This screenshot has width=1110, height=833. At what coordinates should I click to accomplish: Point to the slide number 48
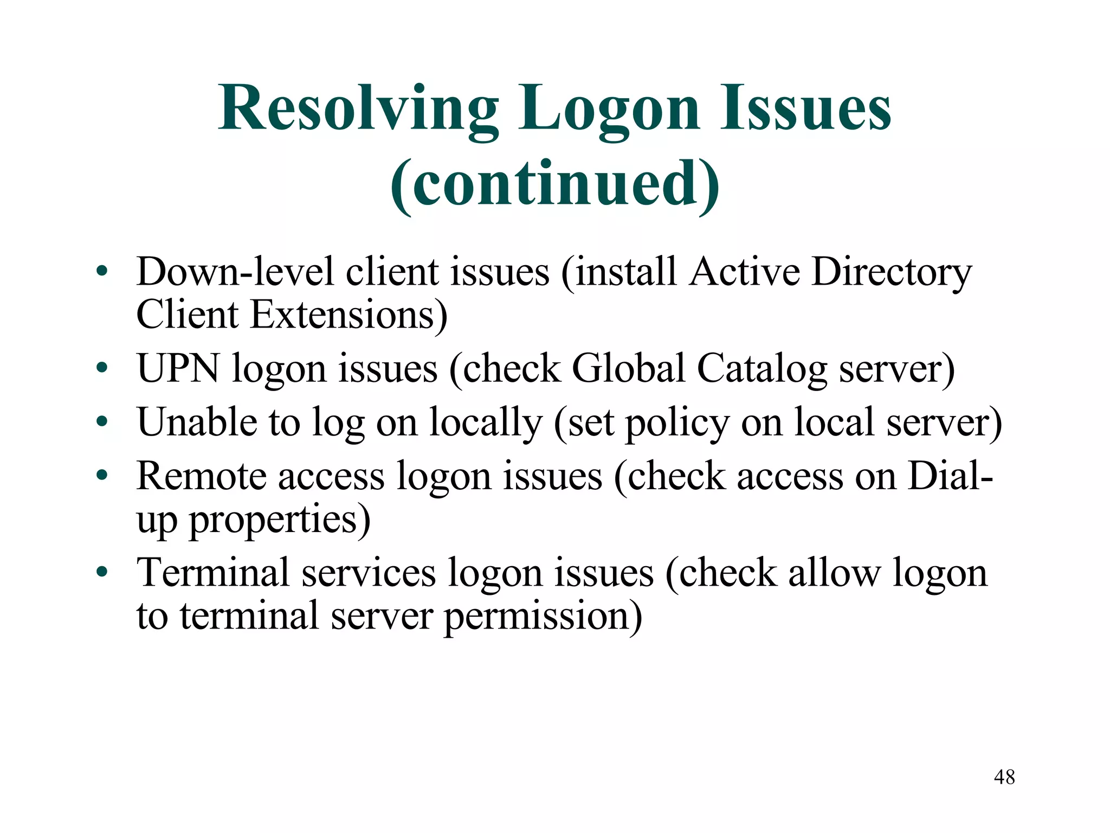point(1004,777)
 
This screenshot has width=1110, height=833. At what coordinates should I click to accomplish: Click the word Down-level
point(235,272)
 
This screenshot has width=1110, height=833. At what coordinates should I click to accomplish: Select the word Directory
point(892,272)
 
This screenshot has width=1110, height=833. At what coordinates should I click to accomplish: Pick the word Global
point(629,369)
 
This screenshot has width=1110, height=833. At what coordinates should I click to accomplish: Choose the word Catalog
point(761,369)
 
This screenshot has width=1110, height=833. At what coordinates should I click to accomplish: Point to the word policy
point(677,423)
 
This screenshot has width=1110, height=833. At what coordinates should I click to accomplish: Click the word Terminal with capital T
point(212,573)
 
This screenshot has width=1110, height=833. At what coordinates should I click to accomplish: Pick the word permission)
point(543,617)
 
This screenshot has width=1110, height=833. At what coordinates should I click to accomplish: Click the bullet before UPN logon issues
point(102,369)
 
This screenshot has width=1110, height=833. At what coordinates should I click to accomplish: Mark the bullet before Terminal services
point(102,573)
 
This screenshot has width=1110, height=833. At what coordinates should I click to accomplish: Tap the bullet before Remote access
point(102,476)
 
